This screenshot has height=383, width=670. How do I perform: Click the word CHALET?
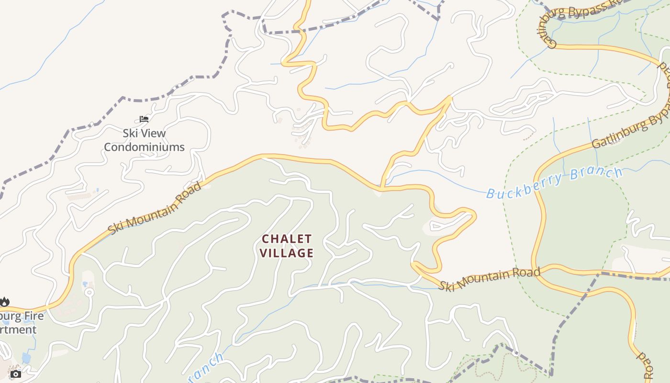287,238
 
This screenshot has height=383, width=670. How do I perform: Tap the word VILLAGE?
287,253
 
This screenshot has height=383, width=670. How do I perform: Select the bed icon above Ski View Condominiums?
144,119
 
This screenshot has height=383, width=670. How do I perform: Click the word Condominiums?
144,147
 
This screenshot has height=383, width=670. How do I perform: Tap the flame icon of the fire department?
4,302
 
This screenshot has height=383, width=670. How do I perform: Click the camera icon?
16,374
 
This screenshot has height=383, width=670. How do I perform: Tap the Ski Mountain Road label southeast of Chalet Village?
490,279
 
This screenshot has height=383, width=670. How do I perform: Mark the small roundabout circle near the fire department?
89,292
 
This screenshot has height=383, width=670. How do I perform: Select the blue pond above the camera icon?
26,358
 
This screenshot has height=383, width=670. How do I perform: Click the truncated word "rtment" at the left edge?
18,330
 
